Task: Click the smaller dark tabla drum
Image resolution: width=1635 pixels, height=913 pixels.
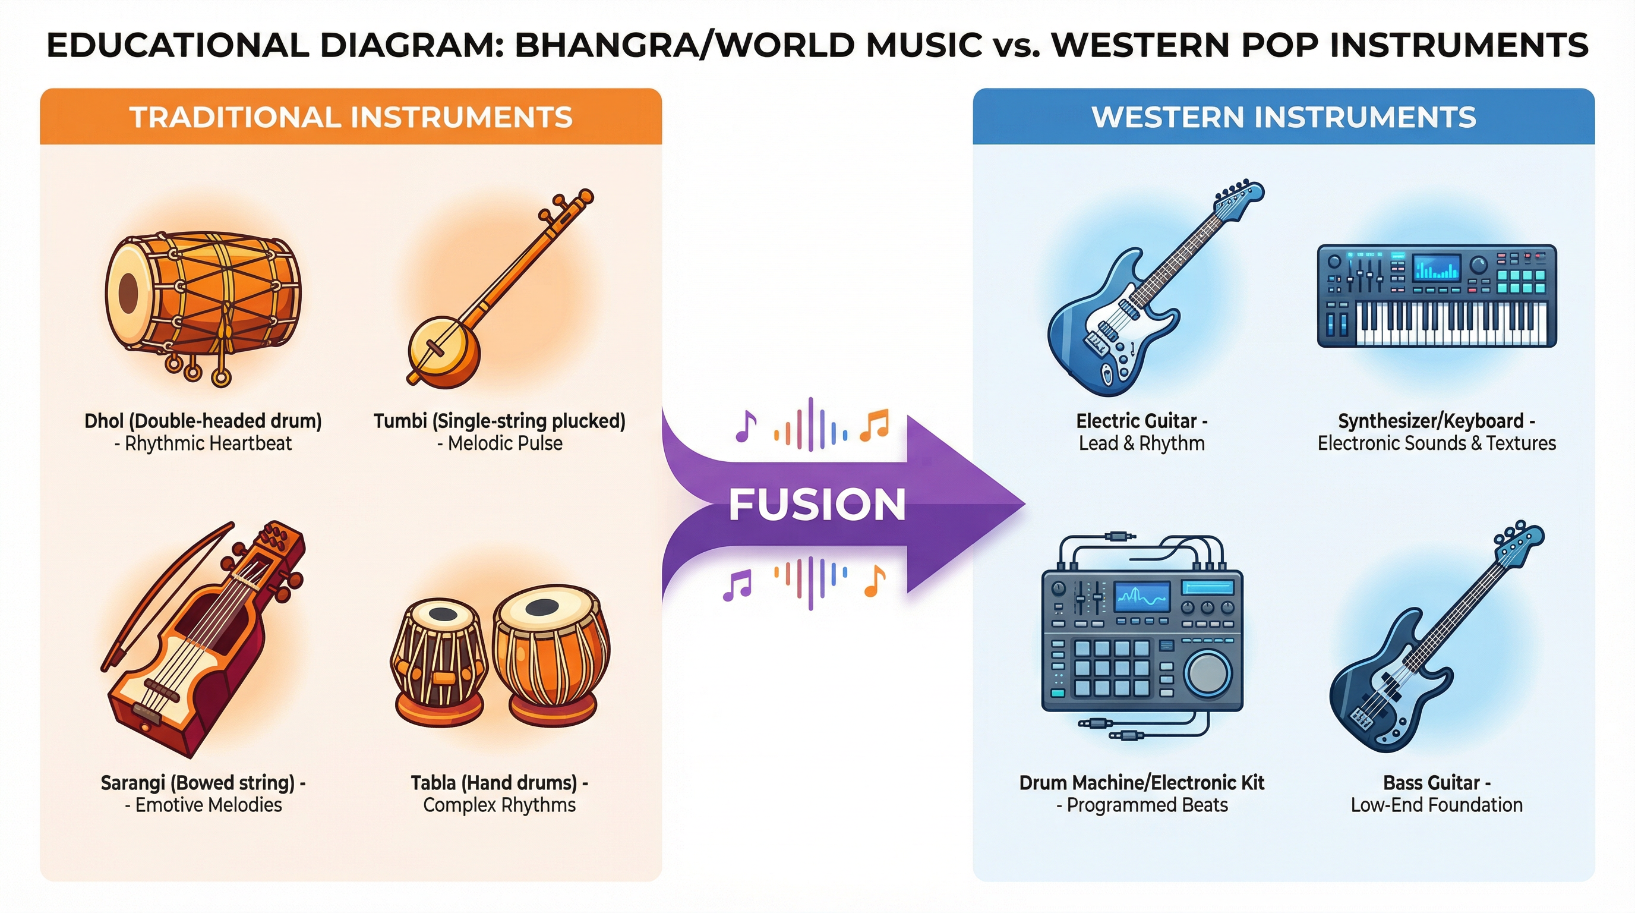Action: (438, 660)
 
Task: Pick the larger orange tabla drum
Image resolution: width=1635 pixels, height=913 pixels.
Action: (550, 654)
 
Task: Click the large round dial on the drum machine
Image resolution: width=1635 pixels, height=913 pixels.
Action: (1207, 673)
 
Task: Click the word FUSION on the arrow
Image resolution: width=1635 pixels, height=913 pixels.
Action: (817, 505)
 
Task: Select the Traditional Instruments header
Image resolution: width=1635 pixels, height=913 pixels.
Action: (351, 118)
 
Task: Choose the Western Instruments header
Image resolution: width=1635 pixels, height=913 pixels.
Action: (1283, 118)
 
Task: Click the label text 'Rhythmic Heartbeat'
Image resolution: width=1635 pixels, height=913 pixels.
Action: (208, 443)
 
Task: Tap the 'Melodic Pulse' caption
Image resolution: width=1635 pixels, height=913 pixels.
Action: (504, 443)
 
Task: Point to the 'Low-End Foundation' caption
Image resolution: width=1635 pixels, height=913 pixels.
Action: (1437, 805)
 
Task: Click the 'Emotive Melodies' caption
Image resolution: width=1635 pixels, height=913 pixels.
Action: (208, 805)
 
